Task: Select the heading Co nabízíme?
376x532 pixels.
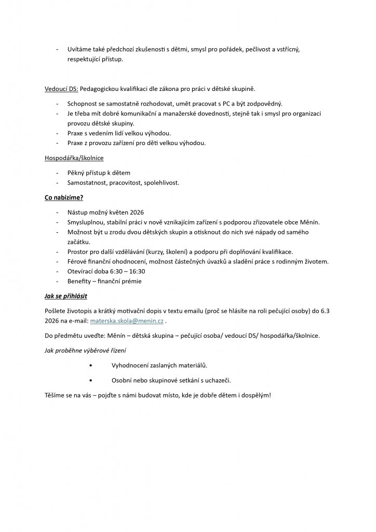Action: pyautogui.click(x=64, y=198)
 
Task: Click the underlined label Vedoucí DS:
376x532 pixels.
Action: pyautogui.click(x=62, y=88)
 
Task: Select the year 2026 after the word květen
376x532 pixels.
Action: pyautogui.click(x=135, y=212)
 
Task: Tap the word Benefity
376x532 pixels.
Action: pyautogui.click(x=79, y=281)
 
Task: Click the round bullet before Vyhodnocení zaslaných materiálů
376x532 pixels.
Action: pyautogui.click(x=91, y=366)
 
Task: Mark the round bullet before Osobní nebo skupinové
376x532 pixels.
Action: pyautogui.click(x=91, y=380)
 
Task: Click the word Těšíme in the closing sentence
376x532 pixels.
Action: pyautogui.click(x=56, y=395)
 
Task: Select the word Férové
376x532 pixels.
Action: pyautogui.click(x=78, y=261)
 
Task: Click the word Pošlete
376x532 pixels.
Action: pyautogui.click(x=57, y=311)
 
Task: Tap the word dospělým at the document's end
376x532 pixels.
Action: pyautogui.click(x=254, y=395)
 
